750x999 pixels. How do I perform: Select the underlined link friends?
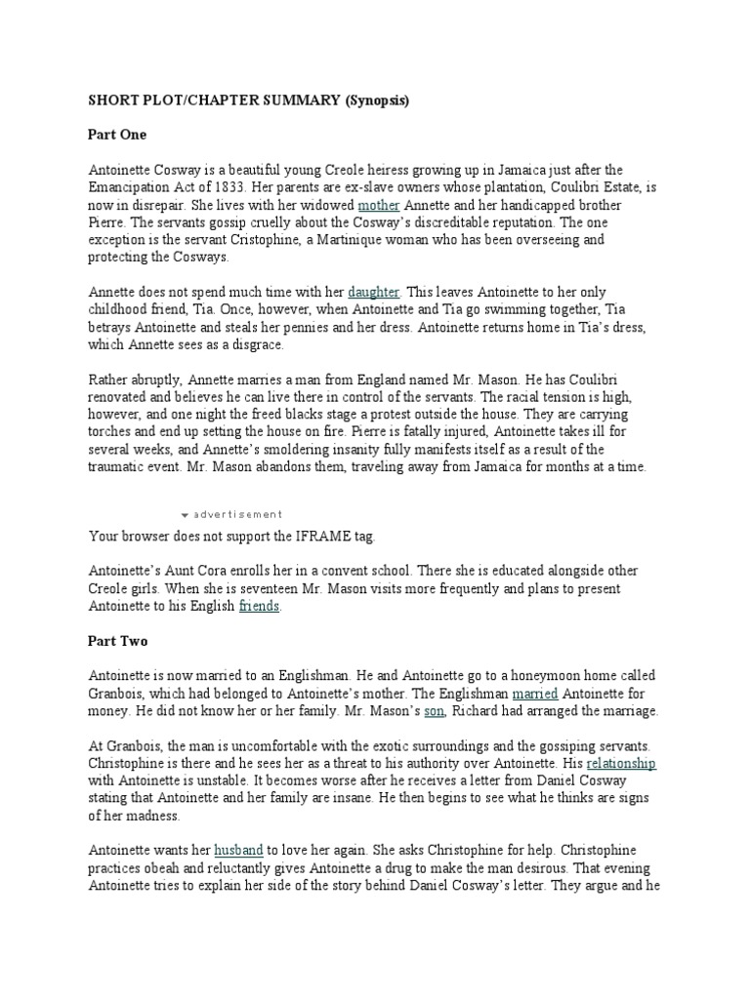[x=259, y=607]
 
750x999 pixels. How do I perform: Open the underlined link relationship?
[x=621, y=763]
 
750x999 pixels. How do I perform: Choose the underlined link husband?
[x=240, y=850]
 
